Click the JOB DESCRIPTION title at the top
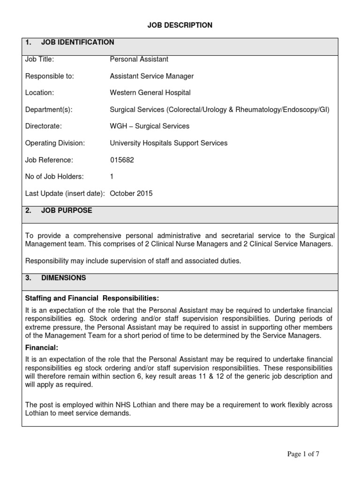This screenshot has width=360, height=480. pyautogui.click(x=180, y=25)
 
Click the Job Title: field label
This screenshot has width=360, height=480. pyautogui.click(x=40, y=60)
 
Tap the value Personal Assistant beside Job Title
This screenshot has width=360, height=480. pyautogui.click(x=139, y=60)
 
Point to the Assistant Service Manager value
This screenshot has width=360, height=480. pyautogui.click(x=151, y=76)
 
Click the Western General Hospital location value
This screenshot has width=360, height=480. pyautogui.click(x=150, y=93)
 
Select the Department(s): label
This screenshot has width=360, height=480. pyautogui.click(x=49, y=110)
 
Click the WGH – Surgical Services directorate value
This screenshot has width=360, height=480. pyautogui.click(x=150, y=126)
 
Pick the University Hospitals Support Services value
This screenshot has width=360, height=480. pyautogui.click(x=168, y=143)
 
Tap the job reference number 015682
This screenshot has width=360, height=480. pyautogui.click(x=122, y=160)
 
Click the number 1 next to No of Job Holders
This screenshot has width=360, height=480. pyautogui.click(x=112, y=177)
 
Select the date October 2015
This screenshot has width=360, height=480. pyautogui.click(x=131, y=194)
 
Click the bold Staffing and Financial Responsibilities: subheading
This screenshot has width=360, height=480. pyautogui.click(x=92, y=298)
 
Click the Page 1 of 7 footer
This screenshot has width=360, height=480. pyautogui.click(x=303, y=454)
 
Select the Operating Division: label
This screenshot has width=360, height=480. pyautogui.click(x=55, y=143)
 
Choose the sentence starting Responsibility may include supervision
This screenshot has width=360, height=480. pyautogui.click(x=133, y=261)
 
